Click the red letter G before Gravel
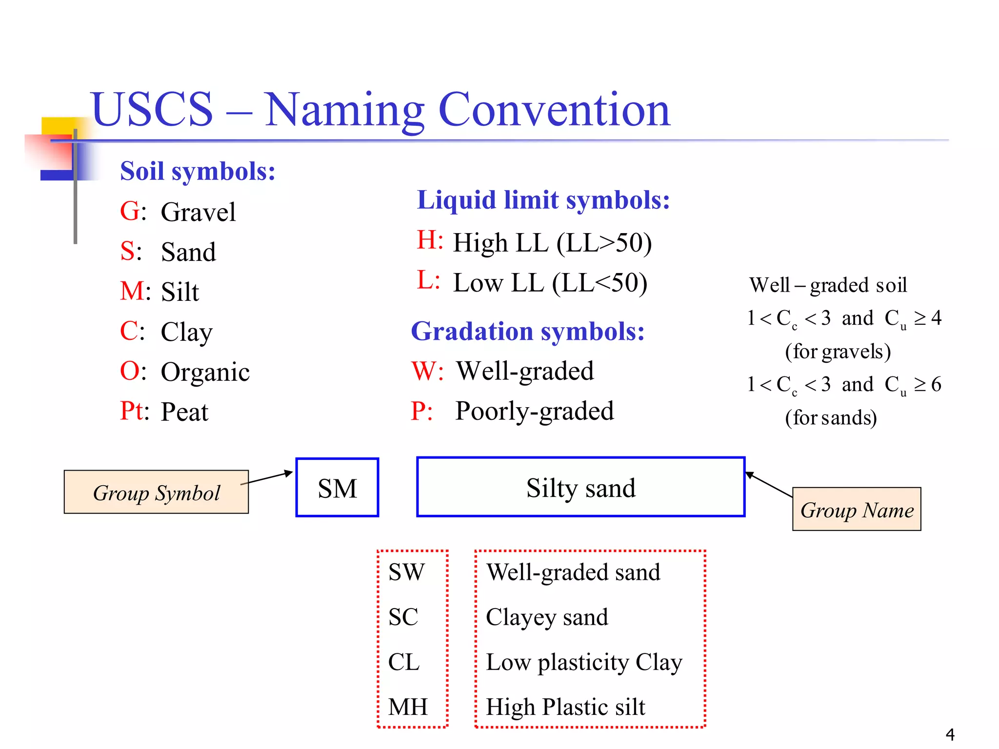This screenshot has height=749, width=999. (129, 212)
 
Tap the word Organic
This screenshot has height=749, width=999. (205, 372)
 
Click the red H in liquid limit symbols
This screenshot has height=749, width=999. (428, 240)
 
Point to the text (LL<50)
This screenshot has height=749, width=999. (599, 283)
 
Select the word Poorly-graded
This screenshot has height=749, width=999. (535, 411)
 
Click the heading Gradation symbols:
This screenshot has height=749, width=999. (528, 332)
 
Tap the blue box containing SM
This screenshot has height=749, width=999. (337, 488)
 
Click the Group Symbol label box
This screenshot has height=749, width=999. (156, 492)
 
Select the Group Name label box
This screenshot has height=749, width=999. (857, 509)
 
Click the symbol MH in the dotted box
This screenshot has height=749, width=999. (408, 707)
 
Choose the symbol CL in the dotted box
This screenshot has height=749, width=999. (404, 662)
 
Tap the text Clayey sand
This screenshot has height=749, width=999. (547, 617)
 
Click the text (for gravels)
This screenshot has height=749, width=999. (838, 352)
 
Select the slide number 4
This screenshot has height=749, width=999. (950, 734)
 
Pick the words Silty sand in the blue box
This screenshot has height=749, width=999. (581, 488)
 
